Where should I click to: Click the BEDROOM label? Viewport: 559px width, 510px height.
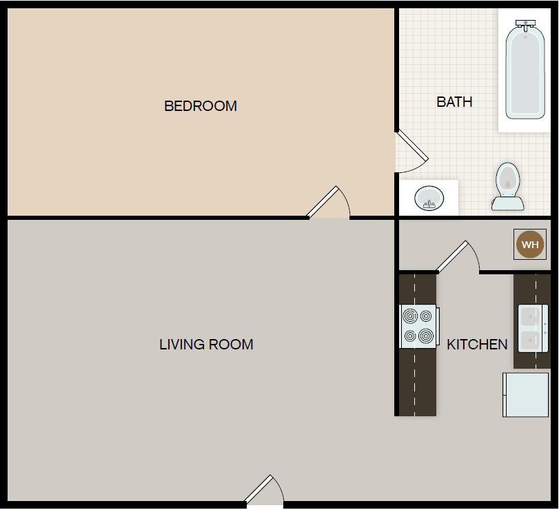click(201, 106)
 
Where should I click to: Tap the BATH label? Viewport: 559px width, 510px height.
click(454, 102)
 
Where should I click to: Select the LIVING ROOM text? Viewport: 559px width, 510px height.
click(206, 345)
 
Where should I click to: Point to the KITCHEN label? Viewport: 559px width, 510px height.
click(477, 345)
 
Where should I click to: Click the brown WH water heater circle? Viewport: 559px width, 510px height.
click(529, 245)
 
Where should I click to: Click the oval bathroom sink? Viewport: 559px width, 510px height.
click(429, 199)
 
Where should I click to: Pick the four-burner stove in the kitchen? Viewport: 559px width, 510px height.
click(418, 326)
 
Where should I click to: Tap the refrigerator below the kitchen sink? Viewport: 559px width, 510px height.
click(526, 395)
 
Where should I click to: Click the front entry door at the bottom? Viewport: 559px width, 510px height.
click(263, 491)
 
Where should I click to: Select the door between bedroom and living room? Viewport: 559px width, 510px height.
click(327, 203)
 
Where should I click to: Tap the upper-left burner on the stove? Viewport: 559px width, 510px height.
click(410, 317)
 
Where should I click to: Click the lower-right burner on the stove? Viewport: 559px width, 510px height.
click(427, 336)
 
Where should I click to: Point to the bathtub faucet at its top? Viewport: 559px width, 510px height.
click(525, 25)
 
